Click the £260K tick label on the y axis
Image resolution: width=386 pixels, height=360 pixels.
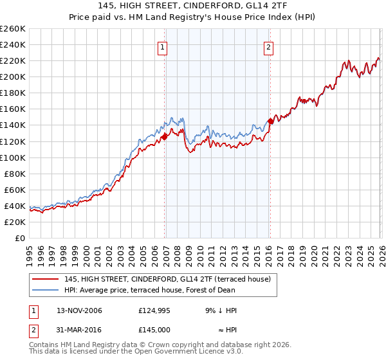[x=13, y=29]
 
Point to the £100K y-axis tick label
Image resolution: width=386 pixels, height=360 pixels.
[x=13, y=157]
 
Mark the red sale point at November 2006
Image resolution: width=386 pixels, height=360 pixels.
[x=165, y=136]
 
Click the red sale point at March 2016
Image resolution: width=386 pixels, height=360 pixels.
[x=270, y=120]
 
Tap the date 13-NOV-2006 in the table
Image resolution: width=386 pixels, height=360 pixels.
[x=79, y=310]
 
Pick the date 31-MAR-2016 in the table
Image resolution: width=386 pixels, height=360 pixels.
[x=79, y=330]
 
